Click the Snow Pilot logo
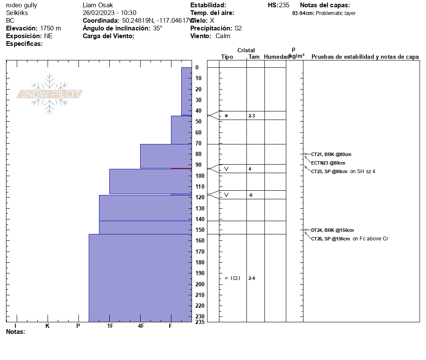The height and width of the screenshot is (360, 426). pyautogui.click(x=50, y=94)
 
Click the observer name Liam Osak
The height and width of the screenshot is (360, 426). pyautogui.click(x=98, y=5)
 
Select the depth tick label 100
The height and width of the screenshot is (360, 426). pyautogui.click(x=199, y=176)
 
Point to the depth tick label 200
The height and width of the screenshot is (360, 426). pyautogui.click(x=199, y=284)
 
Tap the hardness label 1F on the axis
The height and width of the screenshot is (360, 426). pyautogui.click(x=110, y=326)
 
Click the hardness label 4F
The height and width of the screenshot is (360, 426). pyautogui.click(x=141, y=326)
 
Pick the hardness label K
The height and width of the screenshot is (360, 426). pyautogui.click(x=48, y=326)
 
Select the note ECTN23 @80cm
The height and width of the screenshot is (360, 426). pyautogui.click(x=328, y=163)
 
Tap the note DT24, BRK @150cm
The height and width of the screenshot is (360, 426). pyautogui.click(x=333, y=230)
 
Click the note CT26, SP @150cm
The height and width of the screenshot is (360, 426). pyautogui.click(x=330, y=239)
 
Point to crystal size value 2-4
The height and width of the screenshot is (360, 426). pyautogui.click(x=252, y=278)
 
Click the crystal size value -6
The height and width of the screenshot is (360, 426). pyautogui.click(x=251, y=195)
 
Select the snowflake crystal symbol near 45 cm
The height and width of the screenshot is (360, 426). pyautogui.click(x=226, y=116)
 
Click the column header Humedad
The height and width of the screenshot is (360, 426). pyautogui.click(x=277, y=57)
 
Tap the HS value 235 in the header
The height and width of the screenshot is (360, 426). pyautogui.click(x=284, y=5)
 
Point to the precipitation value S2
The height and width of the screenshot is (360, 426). pyautogui.click(x=238, y=28)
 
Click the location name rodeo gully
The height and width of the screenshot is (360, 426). pyautogui.click(x=21, y=5)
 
